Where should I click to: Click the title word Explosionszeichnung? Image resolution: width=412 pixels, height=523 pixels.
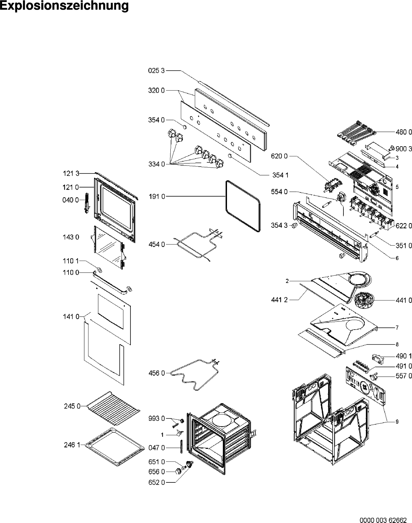pos(64,6)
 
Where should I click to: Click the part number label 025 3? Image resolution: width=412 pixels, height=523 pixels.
pos(156,71)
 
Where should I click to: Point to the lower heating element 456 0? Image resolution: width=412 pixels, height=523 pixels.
pos(194,375)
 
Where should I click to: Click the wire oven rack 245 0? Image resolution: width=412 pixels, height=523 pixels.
pos(113,408)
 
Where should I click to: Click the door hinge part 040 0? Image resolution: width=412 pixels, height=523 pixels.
pos(87,203)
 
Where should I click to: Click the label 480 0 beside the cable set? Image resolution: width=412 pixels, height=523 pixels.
pos(404,132)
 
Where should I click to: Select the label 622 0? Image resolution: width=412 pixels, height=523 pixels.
pos(404,226)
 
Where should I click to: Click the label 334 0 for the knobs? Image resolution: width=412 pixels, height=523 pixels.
pos(157,164)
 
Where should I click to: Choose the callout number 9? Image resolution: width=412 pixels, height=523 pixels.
pos(397,422)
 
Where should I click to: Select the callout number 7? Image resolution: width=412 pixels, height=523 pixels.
pos(397,328)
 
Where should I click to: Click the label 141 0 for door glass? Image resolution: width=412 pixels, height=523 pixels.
pos(71,317)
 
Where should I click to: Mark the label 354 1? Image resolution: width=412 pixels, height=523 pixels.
pos(280,175)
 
